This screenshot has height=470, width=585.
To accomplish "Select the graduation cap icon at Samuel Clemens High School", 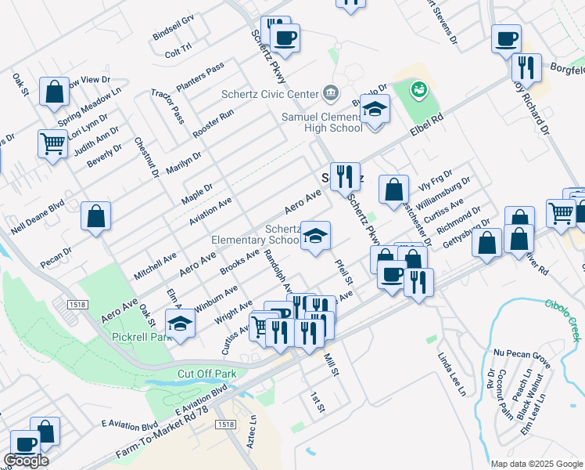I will tap(375, 110).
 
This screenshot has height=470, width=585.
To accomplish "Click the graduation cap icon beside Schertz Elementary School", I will tap(314, 236).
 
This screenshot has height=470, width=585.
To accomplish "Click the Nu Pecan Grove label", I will tap(522, 357).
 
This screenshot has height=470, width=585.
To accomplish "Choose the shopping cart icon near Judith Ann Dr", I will tap(53, 143).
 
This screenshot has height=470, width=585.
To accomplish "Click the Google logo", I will tap(26, 461).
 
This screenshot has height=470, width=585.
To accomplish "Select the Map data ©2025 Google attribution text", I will tap(536, 464).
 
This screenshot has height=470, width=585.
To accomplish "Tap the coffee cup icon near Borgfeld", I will tap(506, 38).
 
